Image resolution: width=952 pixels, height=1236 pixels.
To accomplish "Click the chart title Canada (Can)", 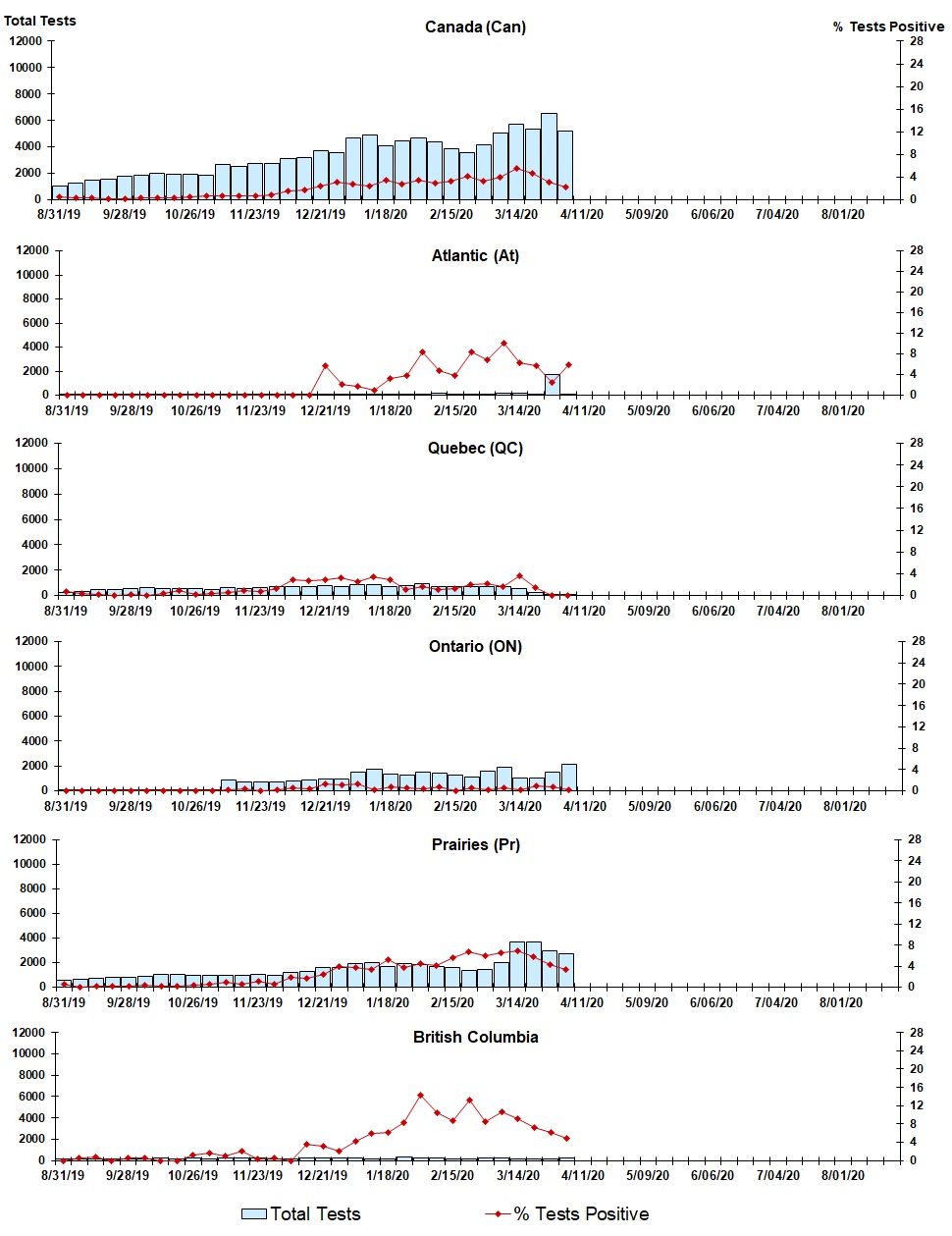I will [x=475, y=27].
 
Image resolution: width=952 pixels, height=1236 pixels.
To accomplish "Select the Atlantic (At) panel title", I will [x=475, y=255].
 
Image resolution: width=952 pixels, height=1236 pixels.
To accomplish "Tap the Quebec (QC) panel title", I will [x=475, y=448].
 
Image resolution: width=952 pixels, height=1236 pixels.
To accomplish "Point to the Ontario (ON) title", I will [x=475, y=646].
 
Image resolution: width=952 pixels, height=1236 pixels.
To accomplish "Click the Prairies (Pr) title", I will [x=475, y=844].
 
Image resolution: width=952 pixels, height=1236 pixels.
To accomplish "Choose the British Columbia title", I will [x=475, y=1037].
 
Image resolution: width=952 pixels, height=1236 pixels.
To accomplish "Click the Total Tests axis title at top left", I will [x=40, y=21].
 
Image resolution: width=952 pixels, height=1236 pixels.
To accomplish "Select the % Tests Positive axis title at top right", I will [x=888, y=27].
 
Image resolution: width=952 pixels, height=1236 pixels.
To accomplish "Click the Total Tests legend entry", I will [x=314, y=1214].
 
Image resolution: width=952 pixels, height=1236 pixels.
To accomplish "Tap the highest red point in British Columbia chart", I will [x=420, y=1095].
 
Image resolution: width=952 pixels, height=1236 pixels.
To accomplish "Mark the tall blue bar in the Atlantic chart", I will [x=553, y=385].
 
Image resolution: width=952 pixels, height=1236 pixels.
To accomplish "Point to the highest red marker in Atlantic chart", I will [x=503, y=344].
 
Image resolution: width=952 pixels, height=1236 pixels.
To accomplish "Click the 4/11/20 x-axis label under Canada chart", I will [x=582, y=214].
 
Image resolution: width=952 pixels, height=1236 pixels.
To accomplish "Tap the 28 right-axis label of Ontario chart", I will [x=918, y=641].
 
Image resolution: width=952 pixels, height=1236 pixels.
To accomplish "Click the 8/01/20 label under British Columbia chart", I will [x=841, y=1175].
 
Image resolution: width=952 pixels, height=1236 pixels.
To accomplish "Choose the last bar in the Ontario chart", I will [x=568, y=777].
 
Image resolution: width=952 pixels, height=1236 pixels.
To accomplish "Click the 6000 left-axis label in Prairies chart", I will [x=32, y=913].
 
